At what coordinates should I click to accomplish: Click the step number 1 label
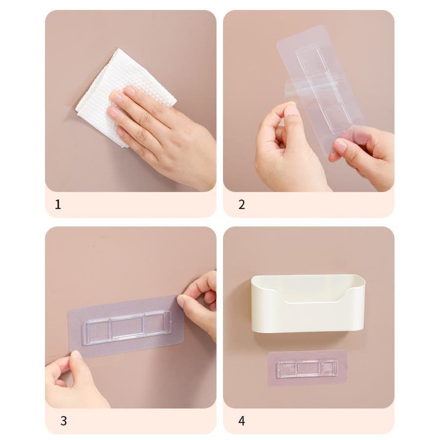pos(58,204)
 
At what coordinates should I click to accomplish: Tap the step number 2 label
pos(242,204)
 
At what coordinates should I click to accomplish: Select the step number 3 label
pos(64,420)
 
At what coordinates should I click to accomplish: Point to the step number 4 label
pos(242,420)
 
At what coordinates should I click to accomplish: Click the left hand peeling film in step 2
pos(286,149)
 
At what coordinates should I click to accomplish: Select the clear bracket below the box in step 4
pos(307,368)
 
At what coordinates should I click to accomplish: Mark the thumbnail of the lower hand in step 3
pos(76,355)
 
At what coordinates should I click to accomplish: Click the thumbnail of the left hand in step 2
pos(290,110)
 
